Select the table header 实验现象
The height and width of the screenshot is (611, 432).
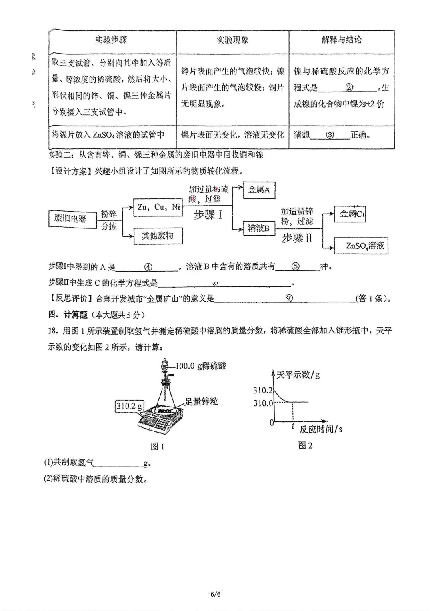pyautogui.click(x=232, y=40)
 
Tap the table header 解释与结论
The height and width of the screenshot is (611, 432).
pyautogui.click(x=341, y=40)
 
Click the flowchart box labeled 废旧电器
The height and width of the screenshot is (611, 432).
pyautogui.click(x=72, y=218)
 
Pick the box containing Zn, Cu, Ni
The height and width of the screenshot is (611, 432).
pyautogui.click(x=158, y=207)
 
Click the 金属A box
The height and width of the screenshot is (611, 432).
pyautogui.click(x=259, y=190)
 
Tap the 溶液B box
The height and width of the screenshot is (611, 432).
pyautogui.click(x=258, y=228)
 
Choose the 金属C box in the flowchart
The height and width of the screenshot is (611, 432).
pyautogui.click(x=351, y=214)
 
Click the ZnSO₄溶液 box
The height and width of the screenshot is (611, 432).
pyautogui.click(x=361, y=245)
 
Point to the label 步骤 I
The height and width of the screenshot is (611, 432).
pyautogui.click(x=208, y=215)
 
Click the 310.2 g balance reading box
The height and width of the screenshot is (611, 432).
pyautogui.click(x=129, y=406)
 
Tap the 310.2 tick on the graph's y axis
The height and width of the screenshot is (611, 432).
pyautogui.click(x=263, y=390)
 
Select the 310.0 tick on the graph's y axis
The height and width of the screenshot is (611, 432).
pyautogui.click(x=263, y=403)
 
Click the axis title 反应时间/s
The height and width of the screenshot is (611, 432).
pyautogui.click(x=321, y=429)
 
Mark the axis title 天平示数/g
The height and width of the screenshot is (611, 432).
pyautogui.click(x=298, y=375)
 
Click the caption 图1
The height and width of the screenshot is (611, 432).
pyautogui.click(x=158, y=446)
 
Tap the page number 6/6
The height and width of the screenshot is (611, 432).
pyautogui.click(x=216, y=594)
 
